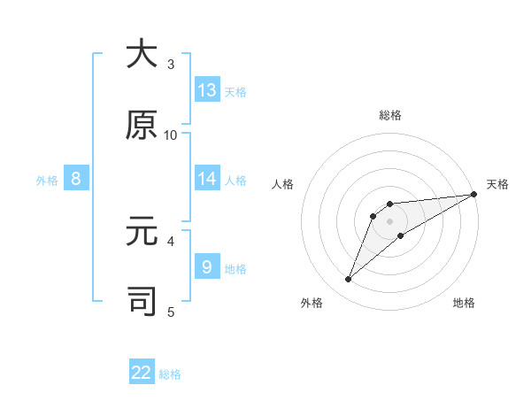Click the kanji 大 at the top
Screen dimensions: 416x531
pos(142,54)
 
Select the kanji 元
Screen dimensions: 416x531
pos(142,234)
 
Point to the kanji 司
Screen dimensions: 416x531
pos(142,301)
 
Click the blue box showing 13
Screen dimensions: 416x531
pos(207,90)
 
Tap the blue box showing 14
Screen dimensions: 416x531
pos(207,179)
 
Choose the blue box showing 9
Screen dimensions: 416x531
pos(207,266)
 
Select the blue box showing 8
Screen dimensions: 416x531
pos(76,179)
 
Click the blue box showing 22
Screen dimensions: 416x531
pos(142,373)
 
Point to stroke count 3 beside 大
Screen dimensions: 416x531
pos(171,65)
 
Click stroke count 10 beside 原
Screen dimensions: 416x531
pos(171,135)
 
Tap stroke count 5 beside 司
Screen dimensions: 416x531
pos(171,311)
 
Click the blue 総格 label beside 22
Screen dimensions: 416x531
pos(170,374)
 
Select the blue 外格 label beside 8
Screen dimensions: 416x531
pos(47,181)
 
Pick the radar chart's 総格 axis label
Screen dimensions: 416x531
pos(390,115)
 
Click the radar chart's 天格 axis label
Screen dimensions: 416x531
pos(497,184)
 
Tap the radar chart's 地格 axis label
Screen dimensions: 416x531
pos(464,303)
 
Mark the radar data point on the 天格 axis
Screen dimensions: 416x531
pos(473,194)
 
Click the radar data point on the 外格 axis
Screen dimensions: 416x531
pos(349,280)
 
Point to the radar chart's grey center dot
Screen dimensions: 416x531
pos(390,220)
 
